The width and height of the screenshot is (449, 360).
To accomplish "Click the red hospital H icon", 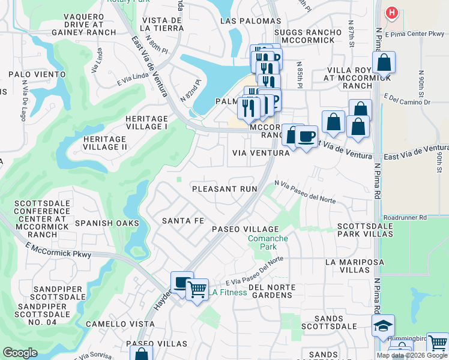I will (x=392, y=12).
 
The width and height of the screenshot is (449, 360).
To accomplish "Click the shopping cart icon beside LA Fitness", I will (x=196, y=290).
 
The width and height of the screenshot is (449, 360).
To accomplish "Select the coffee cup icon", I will (x=306, y=137).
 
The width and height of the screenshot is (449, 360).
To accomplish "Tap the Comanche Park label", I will (x=268, y=242).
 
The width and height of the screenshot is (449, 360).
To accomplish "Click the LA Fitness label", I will (x=228, y=292).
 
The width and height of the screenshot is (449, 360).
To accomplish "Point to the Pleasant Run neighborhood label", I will (x=224, y=189).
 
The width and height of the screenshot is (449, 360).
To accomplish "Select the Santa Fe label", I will (x=183, y=221).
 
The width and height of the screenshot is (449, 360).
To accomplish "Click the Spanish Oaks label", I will (x=107, y=223).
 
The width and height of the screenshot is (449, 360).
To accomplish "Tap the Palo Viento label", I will (x=37, y=74).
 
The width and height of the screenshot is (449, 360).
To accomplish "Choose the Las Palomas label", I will (x=243, y=20).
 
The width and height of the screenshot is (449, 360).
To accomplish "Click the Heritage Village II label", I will (x=104, y=143).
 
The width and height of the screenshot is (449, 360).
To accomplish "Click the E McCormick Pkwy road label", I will (x=58, y=250).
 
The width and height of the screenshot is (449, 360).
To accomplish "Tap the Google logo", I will (x=20, y=353).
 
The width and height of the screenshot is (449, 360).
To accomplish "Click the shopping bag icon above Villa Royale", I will (x=383, y=62).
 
